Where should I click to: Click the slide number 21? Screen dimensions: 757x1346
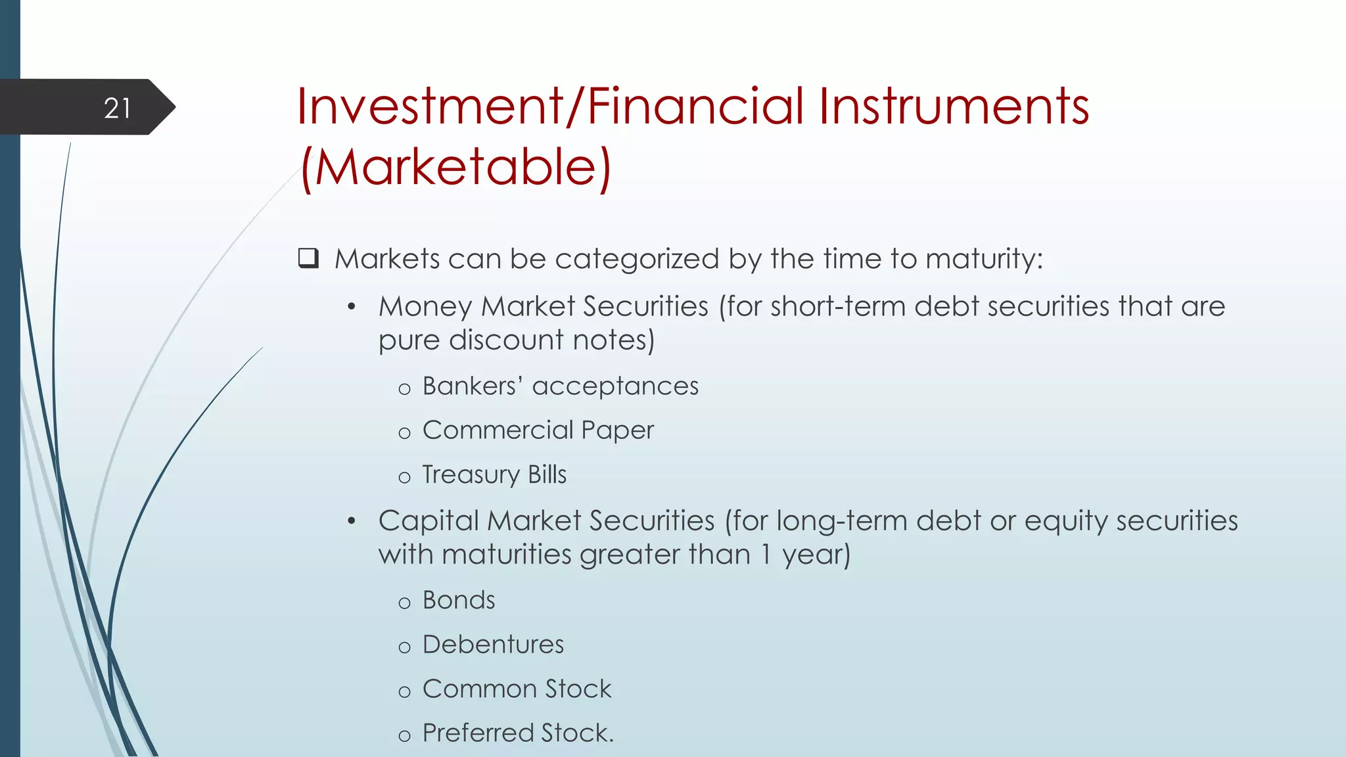(118, 108)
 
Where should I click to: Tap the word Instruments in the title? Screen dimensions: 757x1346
(954, 106)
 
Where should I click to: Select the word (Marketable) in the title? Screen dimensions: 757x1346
(455, 167)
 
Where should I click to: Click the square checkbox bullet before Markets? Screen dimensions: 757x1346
(308, 258)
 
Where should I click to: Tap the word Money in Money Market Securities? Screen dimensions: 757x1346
(425, 307)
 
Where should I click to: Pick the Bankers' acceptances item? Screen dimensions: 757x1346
(560, 386)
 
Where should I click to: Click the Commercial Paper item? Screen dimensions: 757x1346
(538, 430)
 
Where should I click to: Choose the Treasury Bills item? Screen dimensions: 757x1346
(494, 474)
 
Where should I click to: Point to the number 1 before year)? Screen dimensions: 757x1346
(766, 555)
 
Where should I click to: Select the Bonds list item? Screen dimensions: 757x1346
(459, 601)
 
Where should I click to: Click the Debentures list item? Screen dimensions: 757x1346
(493, 645)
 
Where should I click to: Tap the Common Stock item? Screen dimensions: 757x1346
(517, 689)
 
